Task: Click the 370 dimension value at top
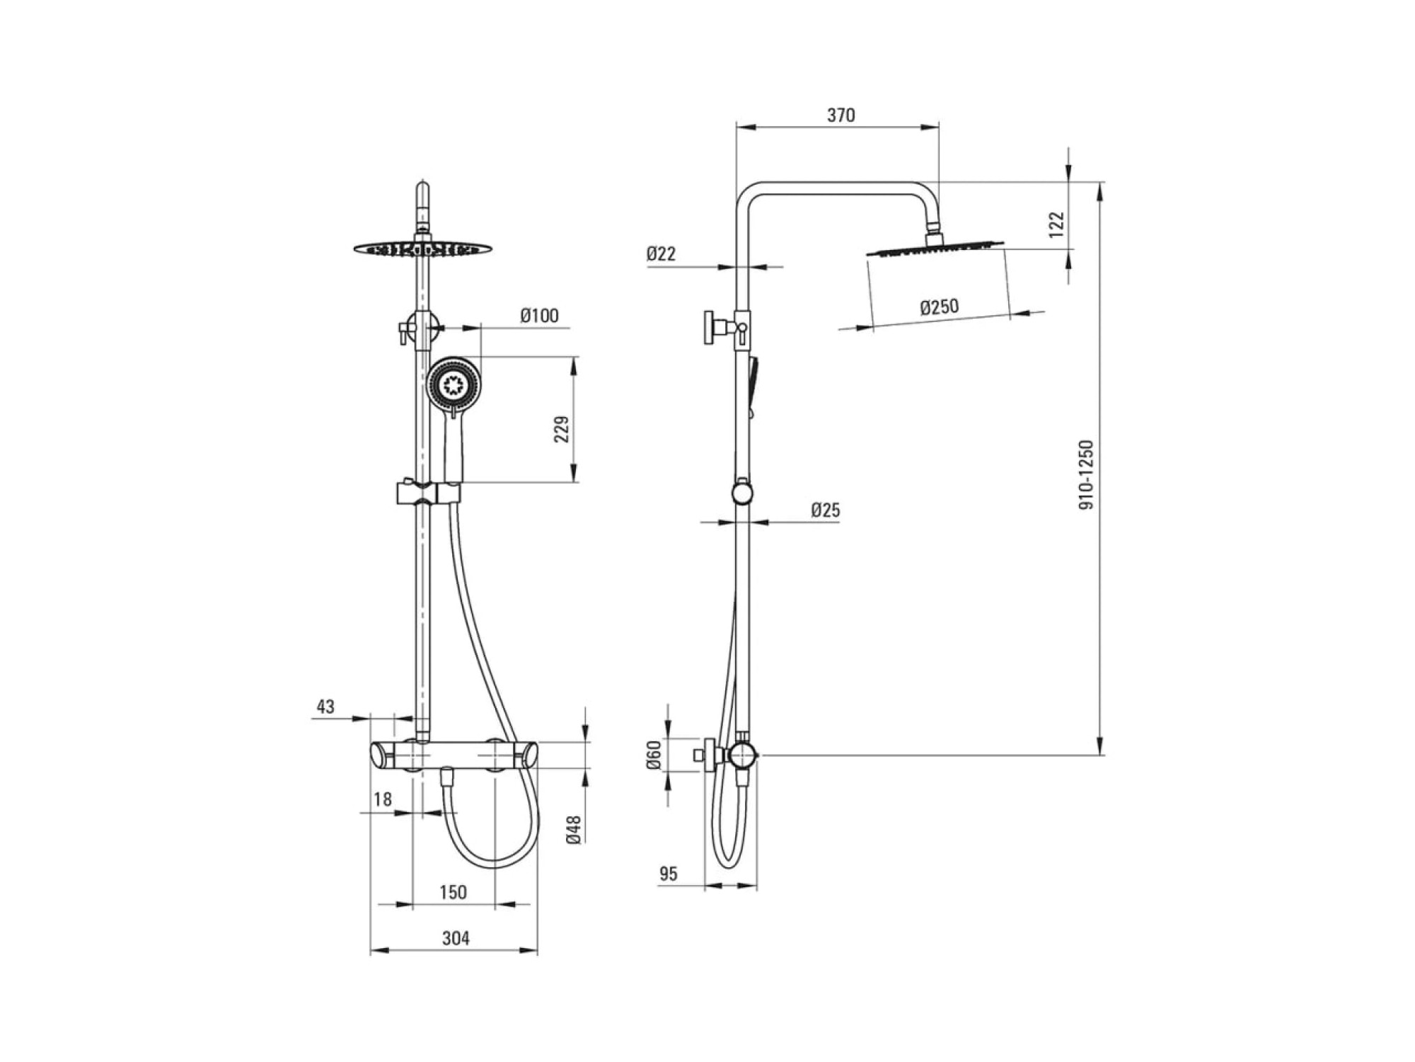841,115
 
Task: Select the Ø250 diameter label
939,307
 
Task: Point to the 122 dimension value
1056,224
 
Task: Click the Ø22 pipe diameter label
661,253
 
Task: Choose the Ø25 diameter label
825,510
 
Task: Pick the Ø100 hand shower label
539,316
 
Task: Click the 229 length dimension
561,429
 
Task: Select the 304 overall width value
456,938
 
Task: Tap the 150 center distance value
453,892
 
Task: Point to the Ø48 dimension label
574,829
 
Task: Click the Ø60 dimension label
654,755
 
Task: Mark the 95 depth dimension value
668,874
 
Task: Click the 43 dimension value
325,707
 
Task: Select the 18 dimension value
382,799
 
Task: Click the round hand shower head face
451,385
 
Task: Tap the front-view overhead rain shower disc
422,249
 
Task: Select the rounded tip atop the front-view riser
422,188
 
